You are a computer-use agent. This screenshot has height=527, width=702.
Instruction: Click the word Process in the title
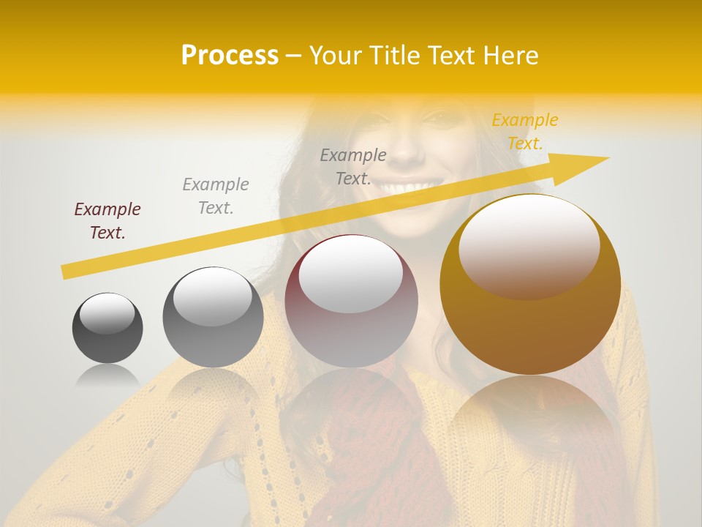click(x=230, y=56)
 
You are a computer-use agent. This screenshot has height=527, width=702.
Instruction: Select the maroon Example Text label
click(x=107, y=221)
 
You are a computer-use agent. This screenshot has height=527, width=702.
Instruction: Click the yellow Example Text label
click(x=524, y=132)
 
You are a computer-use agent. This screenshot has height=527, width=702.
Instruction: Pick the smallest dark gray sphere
click(x=107, y=328)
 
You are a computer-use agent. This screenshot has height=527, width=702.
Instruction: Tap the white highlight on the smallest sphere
click(x=107, y=313)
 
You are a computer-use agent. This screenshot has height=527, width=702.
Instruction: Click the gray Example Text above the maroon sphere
click(x=353, y=166)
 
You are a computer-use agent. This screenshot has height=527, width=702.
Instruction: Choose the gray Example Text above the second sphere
click(x=216, y=195)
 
